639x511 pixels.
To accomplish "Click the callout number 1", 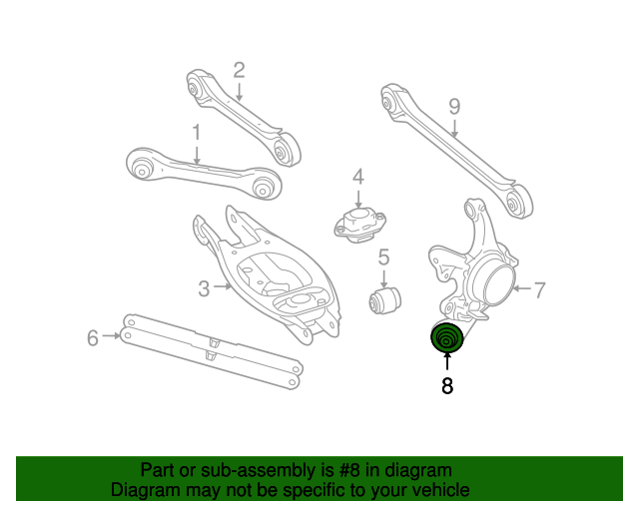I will pos(197,132).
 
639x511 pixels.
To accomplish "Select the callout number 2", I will pos(239,70).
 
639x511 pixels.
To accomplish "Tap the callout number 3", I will pos(204,289).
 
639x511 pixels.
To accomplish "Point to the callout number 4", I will pos(357,178).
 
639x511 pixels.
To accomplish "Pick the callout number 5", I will pos(382,258).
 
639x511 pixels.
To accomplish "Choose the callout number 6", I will pos(93,338).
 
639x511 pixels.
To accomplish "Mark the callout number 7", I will pos(539,290).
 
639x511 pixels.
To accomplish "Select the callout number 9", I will pos(454,106).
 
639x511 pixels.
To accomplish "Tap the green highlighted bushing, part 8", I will pos(446,338).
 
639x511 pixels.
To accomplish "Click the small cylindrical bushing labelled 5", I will pos(384,297).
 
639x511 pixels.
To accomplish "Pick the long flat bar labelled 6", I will pos(210,348).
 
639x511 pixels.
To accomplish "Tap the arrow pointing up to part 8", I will pos(446,361).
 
